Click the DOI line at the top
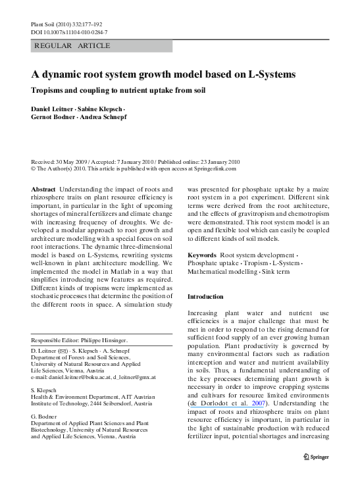[70, 32]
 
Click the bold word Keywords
[202, 254]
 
